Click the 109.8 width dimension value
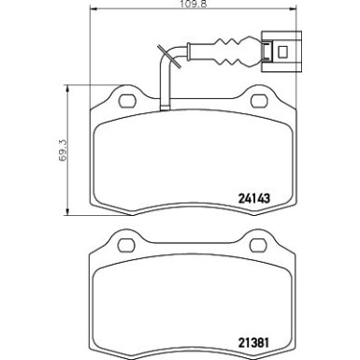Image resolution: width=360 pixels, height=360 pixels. pyautogui.click(x=180, y=6)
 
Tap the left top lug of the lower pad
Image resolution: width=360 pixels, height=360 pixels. pyautogui.click(x=119, y=238)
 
